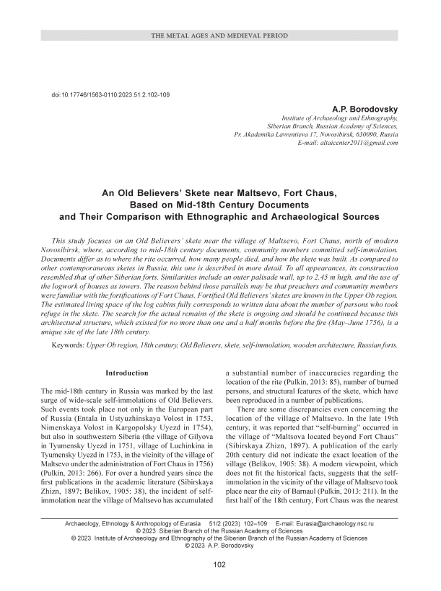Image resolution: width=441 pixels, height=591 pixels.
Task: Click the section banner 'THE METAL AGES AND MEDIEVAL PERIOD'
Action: (x=220, y=35)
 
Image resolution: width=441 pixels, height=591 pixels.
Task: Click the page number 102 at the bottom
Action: (x=220, y=564)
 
